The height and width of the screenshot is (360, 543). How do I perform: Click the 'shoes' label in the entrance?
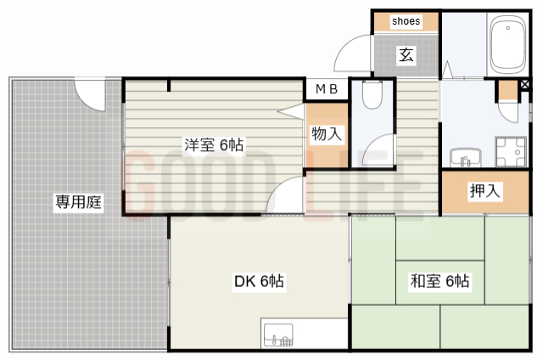click(x=406, y=21)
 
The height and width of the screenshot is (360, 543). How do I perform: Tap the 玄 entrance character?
click(x=406, y=56)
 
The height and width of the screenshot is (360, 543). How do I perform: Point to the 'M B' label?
click(x=327, y=88)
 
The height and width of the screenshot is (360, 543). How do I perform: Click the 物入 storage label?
click(x=327, y=133)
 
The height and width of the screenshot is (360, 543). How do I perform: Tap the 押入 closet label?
click(x=485, y=192)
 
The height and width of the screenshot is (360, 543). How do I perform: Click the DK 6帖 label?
click(x=259, y=281)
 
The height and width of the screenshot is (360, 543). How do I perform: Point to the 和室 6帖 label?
click(x=440, y=281)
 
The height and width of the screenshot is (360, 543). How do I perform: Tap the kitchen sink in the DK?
click(x=277, y=336)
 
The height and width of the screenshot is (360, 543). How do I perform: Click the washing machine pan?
click(x=512, y=153)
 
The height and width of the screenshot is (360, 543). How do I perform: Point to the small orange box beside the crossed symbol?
click(x=507, y=90)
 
